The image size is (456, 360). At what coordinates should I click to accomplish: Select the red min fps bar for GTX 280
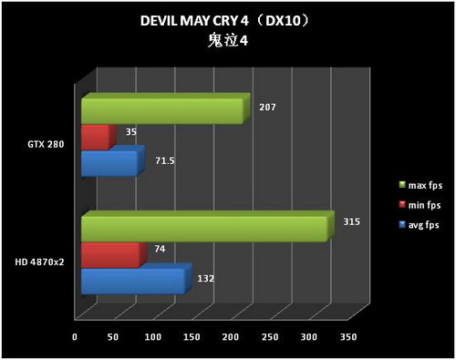tap(94, 138)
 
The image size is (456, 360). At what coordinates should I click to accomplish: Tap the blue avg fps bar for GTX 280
tap(109, 164)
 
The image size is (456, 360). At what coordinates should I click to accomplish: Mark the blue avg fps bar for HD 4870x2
tap(132, 282)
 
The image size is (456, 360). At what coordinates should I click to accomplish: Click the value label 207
tap(267, 108)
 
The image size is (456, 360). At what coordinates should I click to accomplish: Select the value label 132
tap(205, 278)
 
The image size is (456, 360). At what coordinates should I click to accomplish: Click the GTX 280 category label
tap(46, 144)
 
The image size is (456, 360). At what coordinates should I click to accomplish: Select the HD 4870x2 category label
tap(40, 262)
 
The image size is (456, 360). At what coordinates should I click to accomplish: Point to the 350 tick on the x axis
tap(347, 337)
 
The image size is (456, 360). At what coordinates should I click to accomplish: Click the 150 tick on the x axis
tap(192, 337)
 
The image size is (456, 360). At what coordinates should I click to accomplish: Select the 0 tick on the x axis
tap(75, 337)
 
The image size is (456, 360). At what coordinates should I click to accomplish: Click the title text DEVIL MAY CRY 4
tap(192, 21)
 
